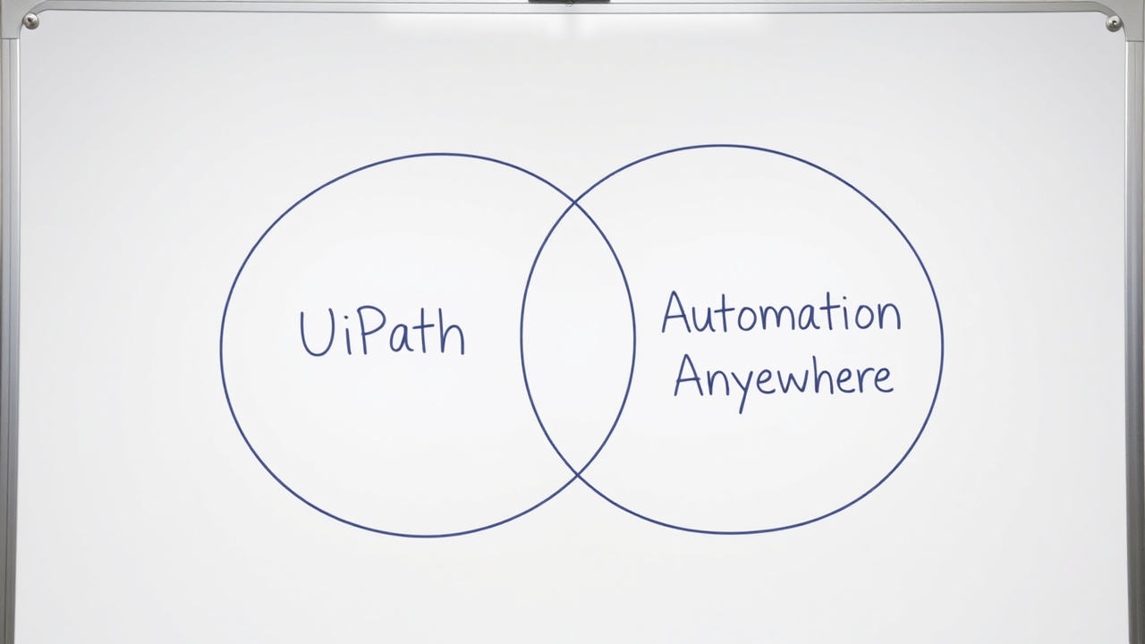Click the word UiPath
pyautogui.click(x=382, y=333)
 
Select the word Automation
pyautogui.click(x=780, y=314)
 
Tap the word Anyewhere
pyautogui.click(x=783, y=378)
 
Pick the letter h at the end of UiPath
pyautogui.click(x=452, y=335)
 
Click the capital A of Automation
pyautogui.click(x=677, y=314)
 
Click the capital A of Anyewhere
pyautogui.click(x=689, y=377)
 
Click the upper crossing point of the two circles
pyautogui.click(x=575, y=203)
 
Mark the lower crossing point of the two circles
pyautogui.click(x=577, y=474)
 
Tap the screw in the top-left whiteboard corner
pyautogui.click(x=30, y=21)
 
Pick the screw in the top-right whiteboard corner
pyautogui.click(x=1114, y=23)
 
